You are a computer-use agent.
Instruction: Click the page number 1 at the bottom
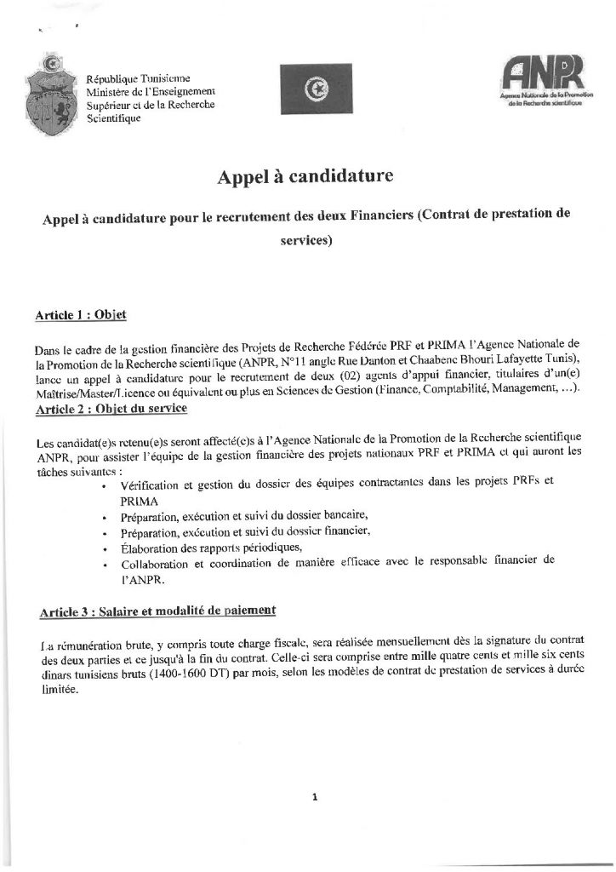pos(315,798)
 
